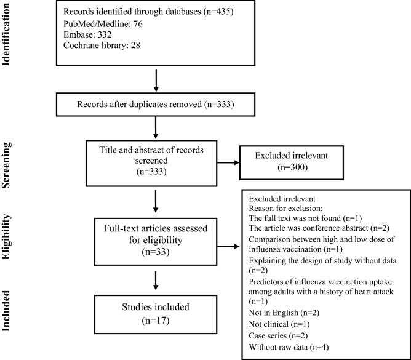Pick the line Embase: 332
[86, 36]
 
